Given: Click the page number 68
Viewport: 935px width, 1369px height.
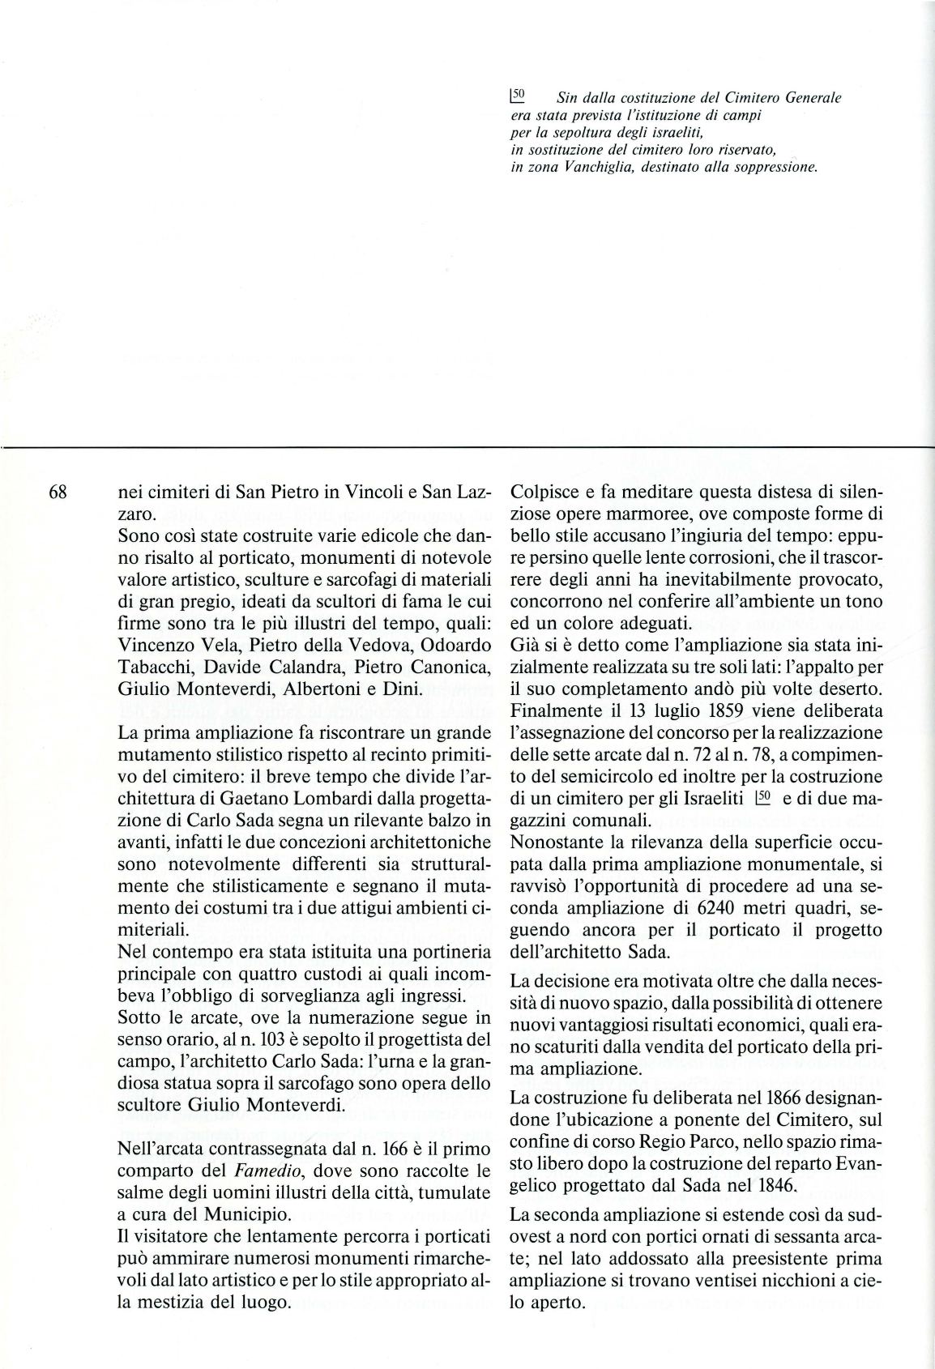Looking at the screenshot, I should [61, 493].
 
